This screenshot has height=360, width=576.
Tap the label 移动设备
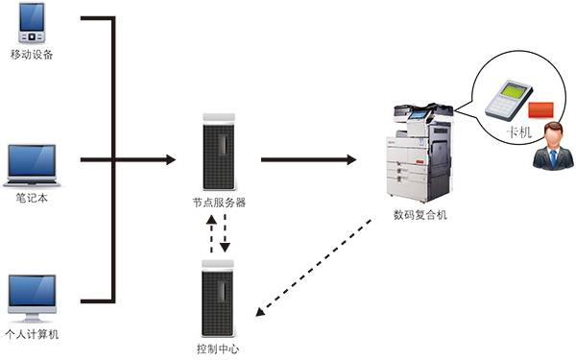(x=32, y=55)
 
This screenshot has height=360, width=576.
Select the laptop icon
(x=33, y=164)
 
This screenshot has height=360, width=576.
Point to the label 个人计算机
(x=33, y=333)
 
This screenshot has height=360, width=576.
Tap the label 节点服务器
(x=219, y=202)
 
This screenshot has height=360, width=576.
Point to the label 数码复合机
(x=420, y=214)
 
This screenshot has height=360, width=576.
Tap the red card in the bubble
(x=542, y=108)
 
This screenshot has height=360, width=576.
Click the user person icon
(x=552, y=146)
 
